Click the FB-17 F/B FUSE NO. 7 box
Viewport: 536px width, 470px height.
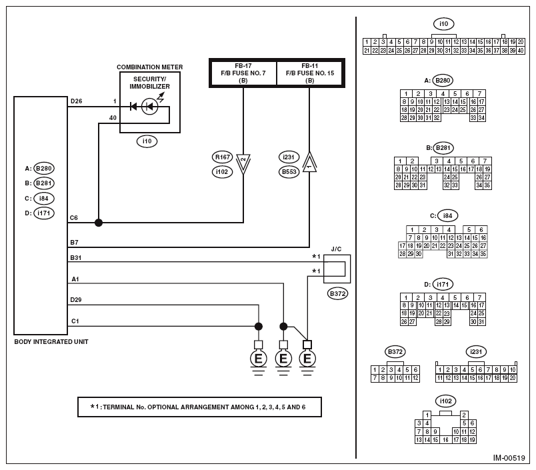tap(243, 73)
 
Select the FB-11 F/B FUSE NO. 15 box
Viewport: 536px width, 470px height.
tap(310, 73)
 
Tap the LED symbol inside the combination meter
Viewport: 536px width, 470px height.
tap(149, 107)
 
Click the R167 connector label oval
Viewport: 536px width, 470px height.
tap(222, 157)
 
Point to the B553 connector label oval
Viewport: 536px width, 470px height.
tap(289, 171)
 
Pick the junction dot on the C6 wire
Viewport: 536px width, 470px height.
tap(99, 223)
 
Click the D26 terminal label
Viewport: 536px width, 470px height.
tap(76, 101)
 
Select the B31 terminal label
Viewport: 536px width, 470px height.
tap(75, 258)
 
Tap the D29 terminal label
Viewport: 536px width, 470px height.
tap(76, 300)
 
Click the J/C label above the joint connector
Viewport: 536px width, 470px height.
tap(336, 249)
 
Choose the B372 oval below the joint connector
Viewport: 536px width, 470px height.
tap(337, 293)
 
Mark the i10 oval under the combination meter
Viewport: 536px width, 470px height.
tap(147, 141)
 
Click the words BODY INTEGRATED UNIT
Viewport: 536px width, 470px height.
tap(51, 342)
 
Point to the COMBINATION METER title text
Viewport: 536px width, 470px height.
tap(150, 67)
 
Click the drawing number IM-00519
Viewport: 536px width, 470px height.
tap(509, 458)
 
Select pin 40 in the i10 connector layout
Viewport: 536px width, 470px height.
tap(521, 51)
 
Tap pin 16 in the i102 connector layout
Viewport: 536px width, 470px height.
tap(445, 440)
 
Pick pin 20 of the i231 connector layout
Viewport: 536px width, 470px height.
tap(513, 378)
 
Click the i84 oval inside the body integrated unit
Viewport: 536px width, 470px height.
tap(44, 198)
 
